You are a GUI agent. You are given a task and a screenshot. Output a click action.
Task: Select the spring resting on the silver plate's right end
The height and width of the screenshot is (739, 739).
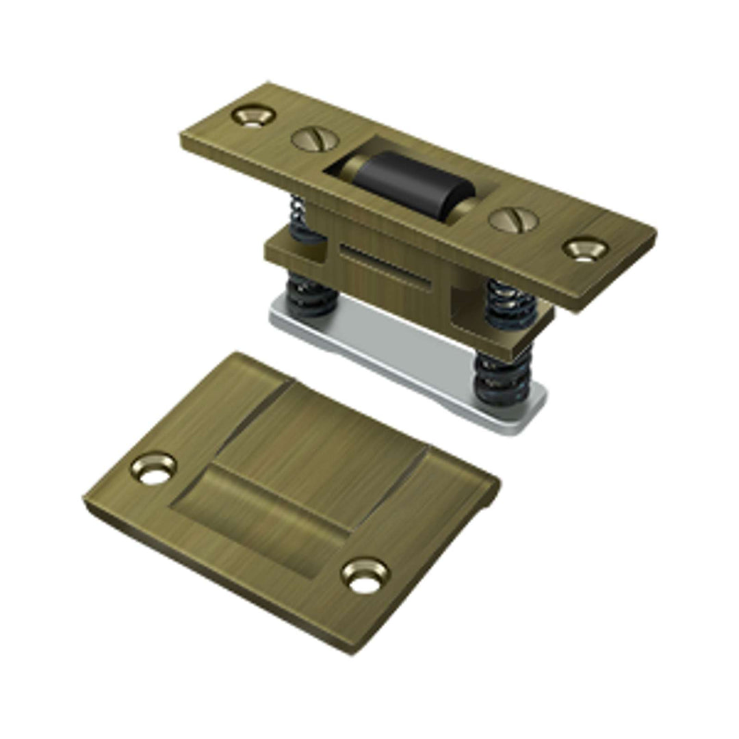(x=505, y=380)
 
